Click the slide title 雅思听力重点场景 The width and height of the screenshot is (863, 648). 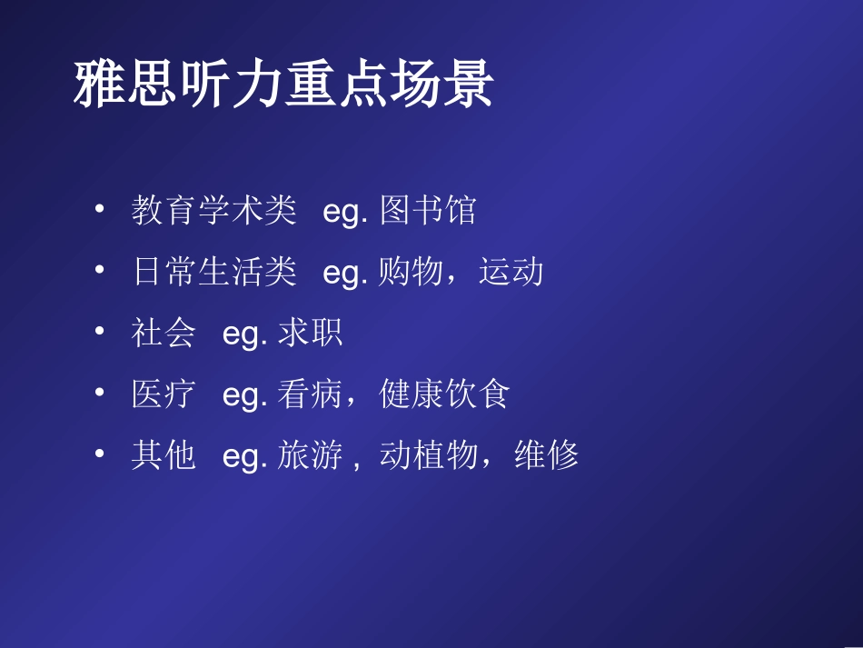283,86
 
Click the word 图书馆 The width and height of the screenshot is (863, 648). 427,211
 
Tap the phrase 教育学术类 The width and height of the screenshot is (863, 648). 213,211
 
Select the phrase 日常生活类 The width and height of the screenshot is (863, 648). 213,272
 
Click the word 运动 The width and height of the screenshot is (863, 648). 511,272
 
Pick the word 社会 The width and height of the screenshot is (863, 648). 164,333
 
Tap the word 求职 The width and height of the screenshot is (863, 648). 311,333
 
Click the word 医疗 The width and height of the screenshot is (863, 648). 164,394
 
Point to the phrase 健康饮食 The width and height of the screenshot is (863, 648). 445,394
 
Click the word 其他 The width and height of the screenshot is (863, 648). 164,454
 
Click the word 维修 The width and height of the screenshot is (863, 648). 546,454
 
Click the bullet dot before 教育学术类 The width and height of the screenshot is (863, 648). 99,209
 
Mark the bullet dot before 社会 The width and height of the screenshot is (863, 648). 99,331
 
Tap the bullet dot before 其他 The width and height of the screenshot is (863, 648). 99,453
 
